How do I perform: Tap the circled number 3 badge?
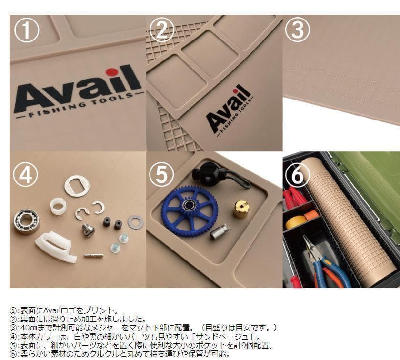(x=298, y=30)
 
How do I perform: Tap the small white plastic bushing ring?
(x=59, y=206)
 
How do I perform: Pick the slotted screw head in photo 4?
(x=88, y=230)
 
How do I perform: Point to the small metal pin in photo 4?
(x=93, y=255)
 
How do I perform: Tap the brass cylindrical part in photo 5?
(x=241, y=209)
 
